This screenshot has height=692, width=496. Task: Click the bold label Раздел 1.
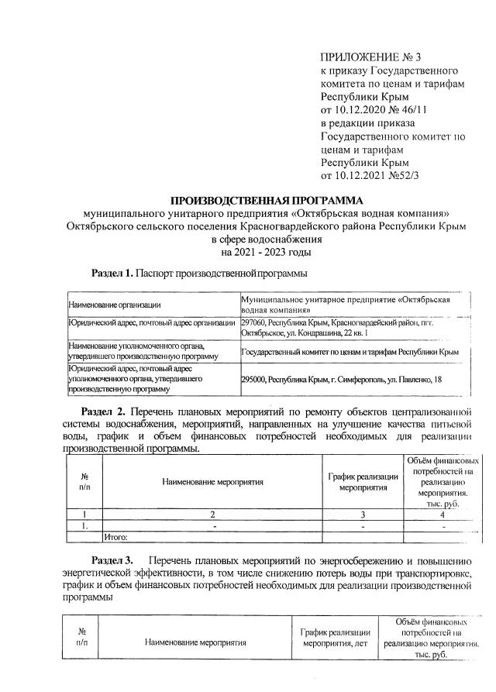113,274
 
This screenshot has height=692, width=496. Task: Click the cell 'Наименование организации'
115,305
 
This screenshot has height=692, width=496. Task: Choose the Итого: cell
115,535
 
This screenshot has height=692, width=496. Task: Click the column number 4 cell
443,513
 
